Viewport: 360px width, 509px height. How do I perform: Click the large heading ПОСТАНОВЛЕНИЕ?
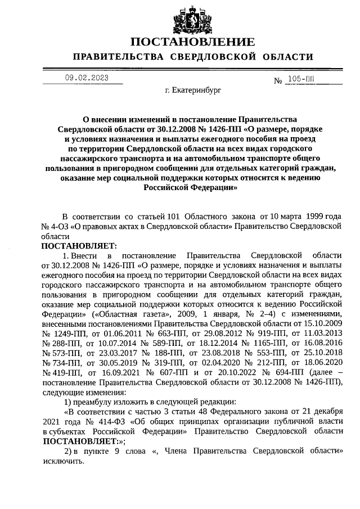point(192,42)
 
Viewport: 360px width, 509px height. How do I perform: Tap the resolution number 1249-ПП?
point(61,334)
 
